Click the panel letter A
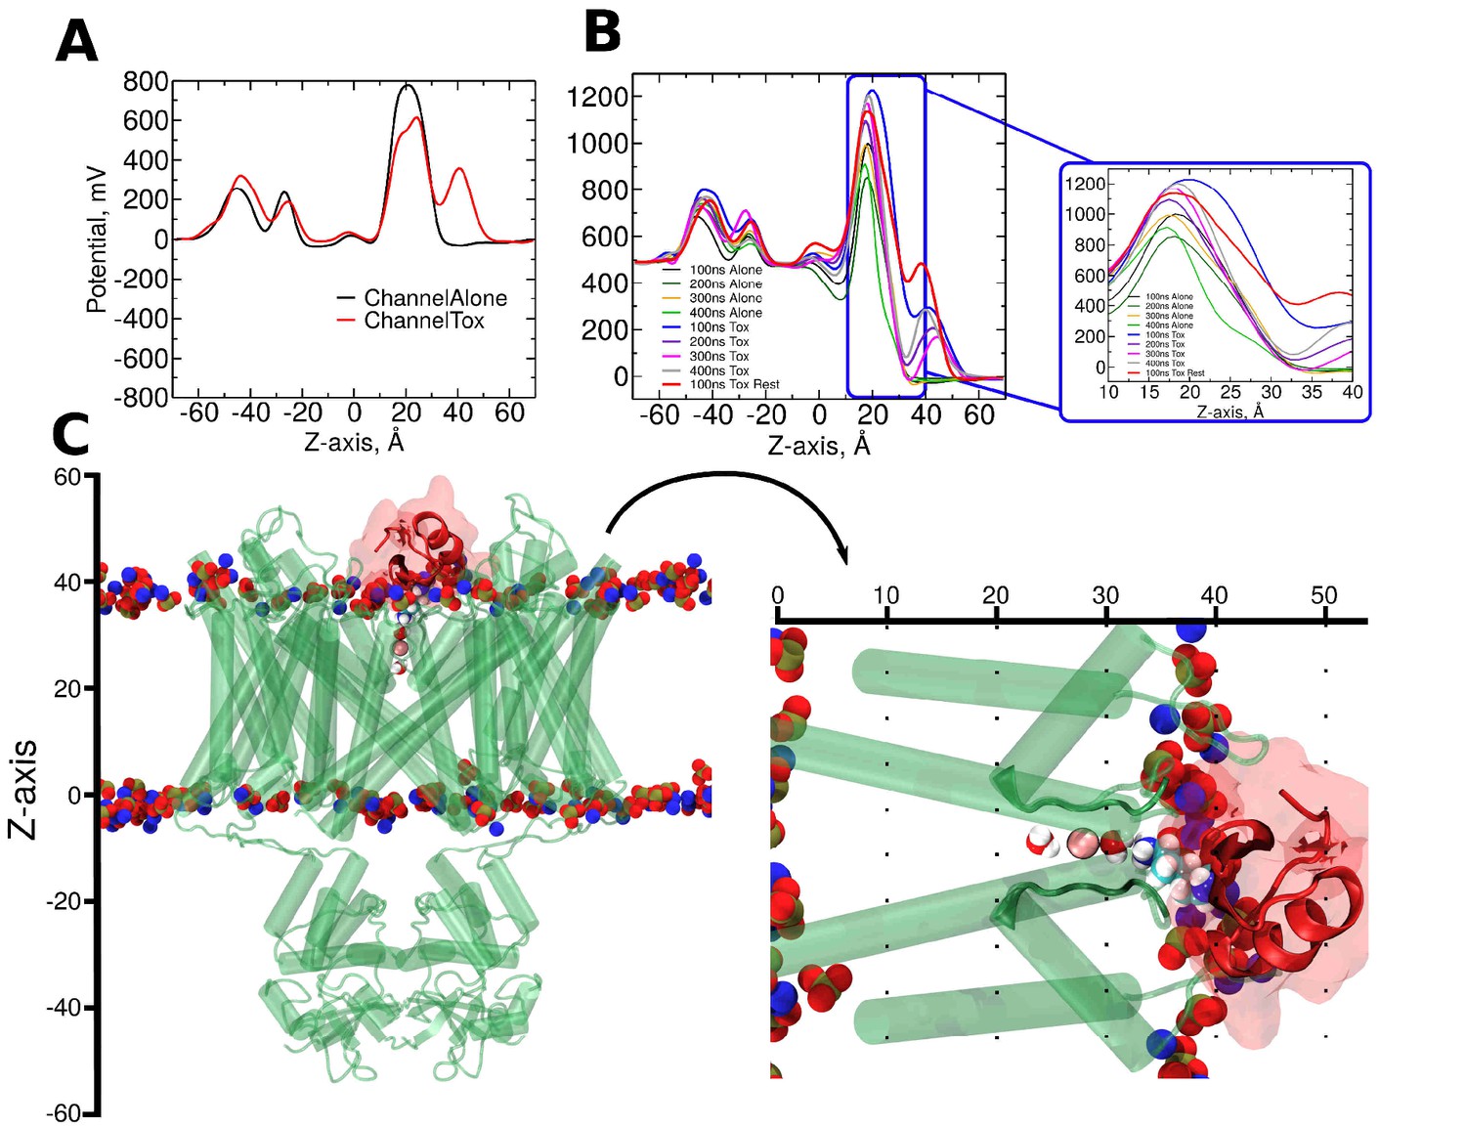click(76, 42)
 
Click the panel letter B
click(602, 32)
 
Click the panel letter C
click(70, 436)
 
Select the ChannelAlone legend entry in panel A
click(435, 298)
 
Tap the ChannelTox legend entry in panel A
click(423, 321)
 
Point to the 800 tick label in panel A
click(146, 81)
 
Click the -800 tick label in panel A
click(141, 398)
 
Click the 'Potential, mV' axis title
click(96, 239)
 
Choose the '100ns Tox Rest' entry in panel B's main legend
click(734, 384)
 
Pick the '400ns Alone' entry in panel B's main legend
click(725, 313)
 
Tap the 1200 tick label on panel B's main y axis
click(596, 97)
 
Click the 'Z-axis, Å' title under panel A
click(354, 442)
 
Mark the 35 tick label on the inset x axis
click(1312, 392)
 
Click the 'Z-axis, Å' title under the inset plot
click(1229, 412)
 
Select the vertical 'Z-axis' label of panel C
click(23, 790)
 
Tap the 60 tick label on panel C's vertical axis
click(67, 477)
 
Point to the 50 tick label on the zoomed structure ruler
click(1324, 595)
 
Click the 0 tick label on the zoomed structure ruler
click(777, 595)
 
